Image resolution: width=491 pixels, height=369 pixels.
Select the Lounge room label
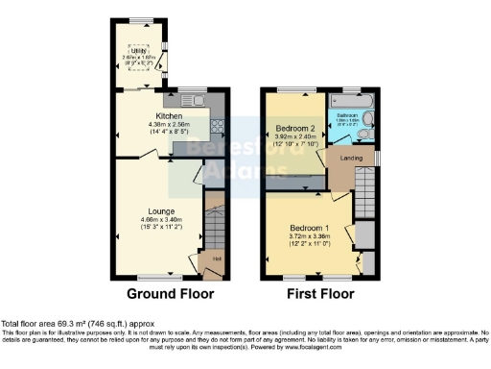click(161, 210)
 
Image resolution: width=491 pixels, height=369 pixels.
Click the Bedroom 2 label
click(296, 128)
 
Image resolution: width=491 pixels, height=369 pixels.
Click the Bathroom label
click(347, 113)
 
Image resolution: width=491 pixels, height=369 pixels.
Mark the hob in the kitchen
click(218, 125)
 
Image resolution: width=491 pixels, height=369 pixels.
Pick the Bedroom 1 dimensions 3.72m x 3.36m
click(309, 237)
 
